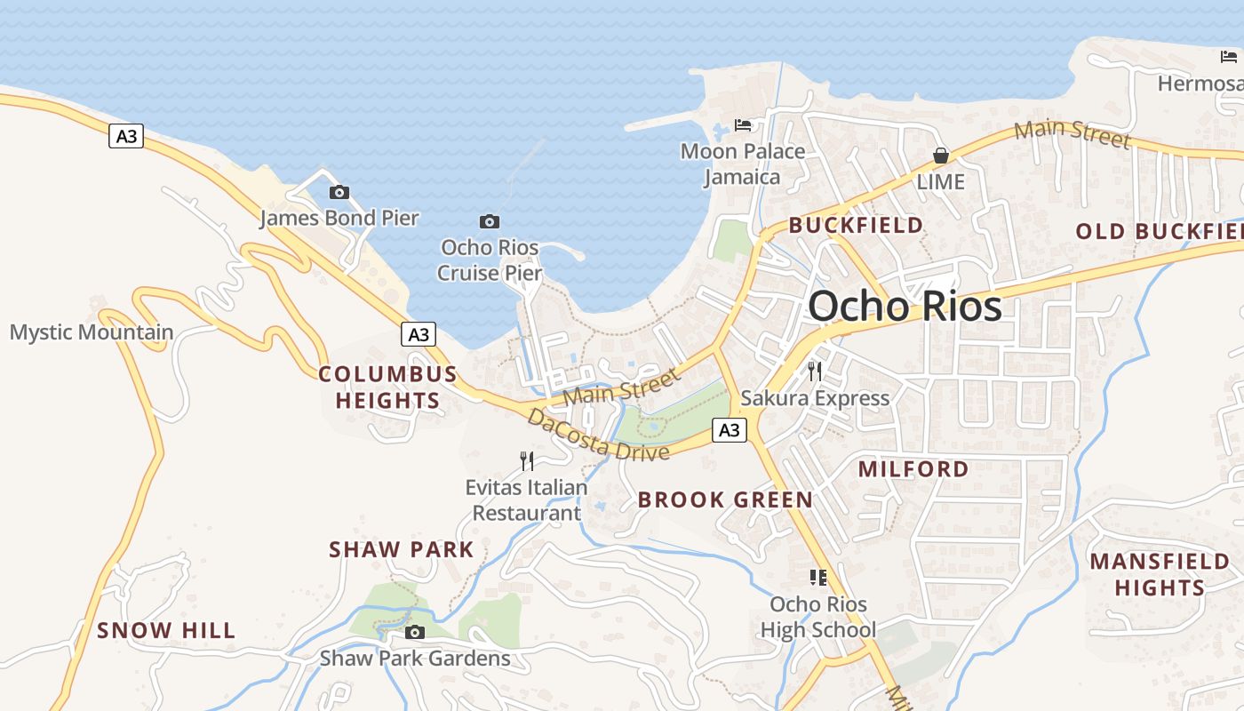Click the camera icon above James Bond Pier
coord(339,192)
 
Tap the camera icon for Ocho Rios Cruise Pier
coord(489,221)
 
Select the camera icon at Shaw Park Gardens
coord(414,633)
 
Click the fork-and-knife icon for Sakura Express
coord(815,371)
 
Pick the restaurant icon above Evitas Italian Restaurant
coord(527,460)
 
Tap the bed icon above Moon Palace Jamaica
coord(743,125)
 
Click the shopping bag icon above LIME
coord(940,156)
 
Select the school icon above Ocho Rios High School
coord(818,578)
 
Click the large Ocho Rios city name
coord(905,307)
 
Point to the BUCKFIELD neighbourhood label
coord(856,226)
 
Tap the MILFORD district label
coord(913,469)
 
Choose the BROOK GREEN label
coord(725,499)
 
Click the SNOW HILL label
coord(166,631)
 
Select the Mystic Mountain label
coord(92,333)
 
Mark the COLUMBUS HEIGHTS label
coord(387,387)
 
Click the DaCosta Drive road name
coord(597,435)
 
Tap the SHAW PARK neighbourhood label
coord(402,549)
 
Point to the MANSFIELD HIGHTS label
coord(1160,574)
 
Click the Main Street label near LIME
coord(1072,133)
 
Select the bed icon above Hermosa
coord(1229,57)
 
